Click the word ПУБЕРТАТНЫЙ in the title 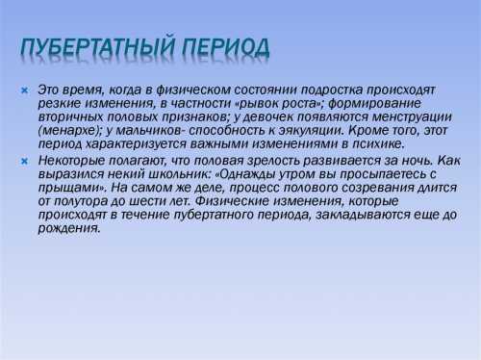(x=96, y=48)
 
